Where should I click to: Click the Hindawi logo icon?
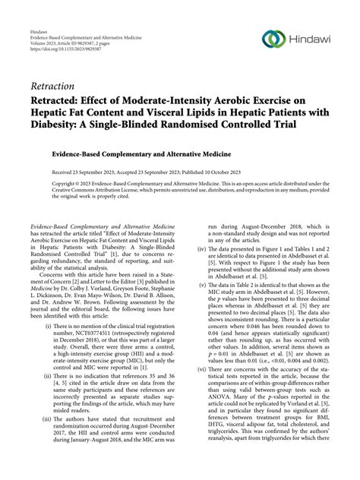coord(271,39)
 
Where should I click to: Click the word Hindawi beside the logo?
coord(308,39)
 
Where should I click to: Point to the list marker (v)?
coord(202,283)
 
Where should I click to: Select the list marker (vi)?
coord(202,368)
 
